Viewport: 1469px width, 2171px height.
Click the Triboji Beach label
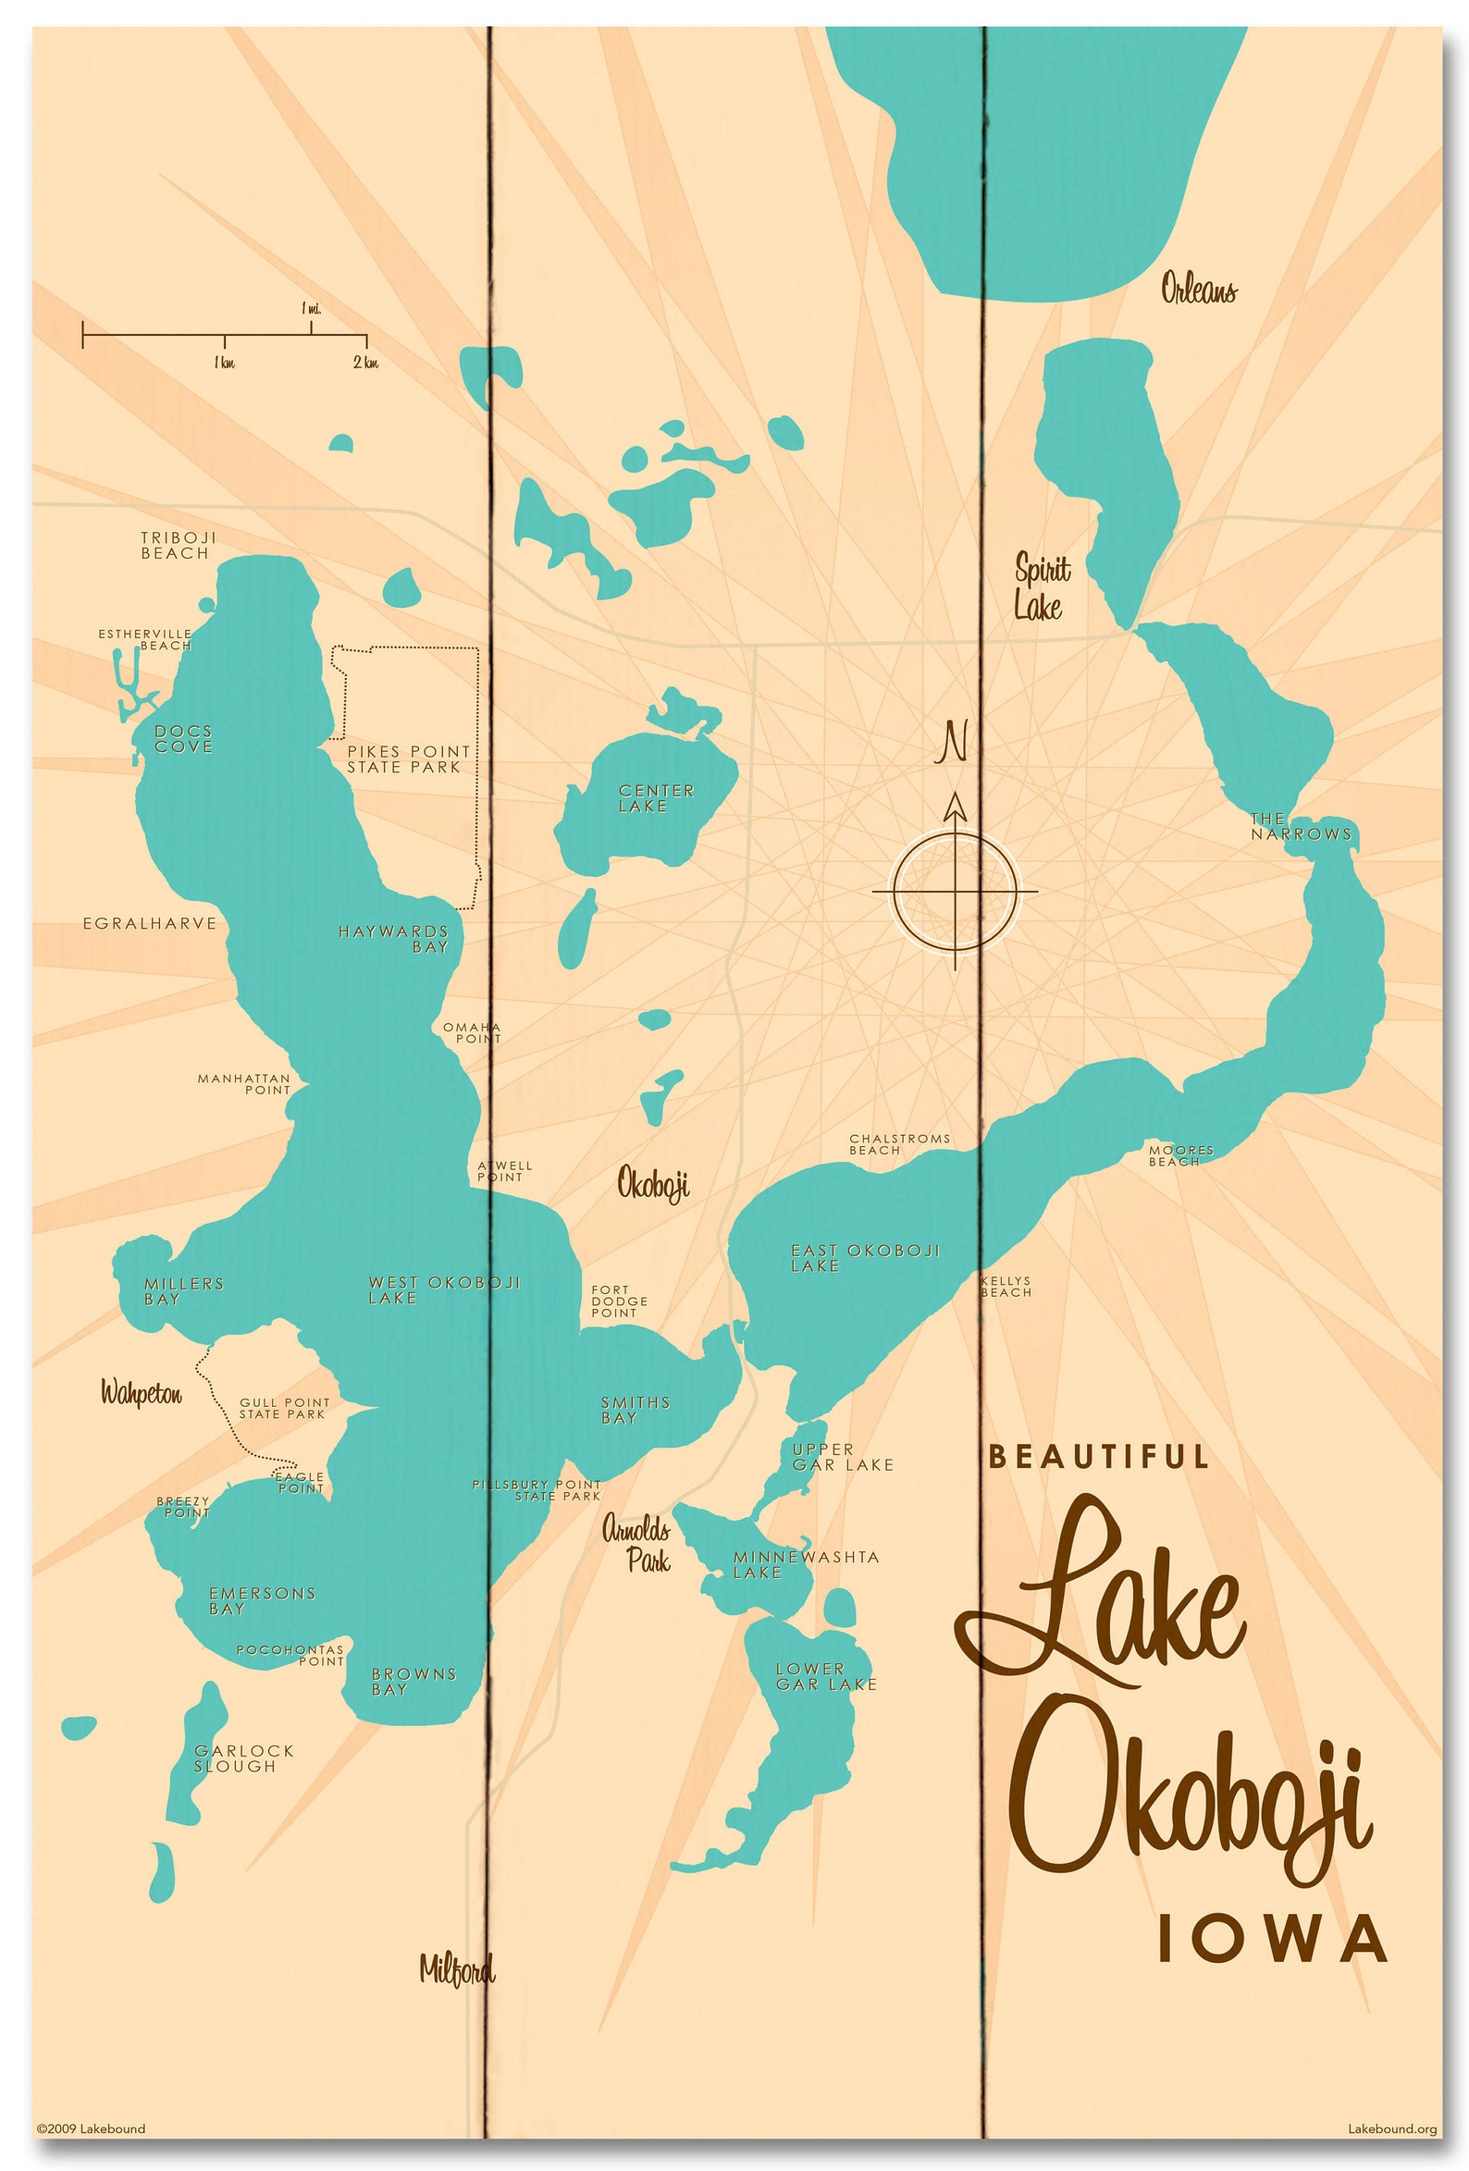(x=178, y=545)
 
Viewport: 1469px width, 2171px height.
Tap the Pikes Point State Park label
(x=408, y=759)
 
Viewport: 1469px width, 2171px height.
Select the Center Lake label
(x=656, y=797)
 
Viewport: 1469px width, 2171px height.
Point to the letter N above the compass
(x=953, y=743)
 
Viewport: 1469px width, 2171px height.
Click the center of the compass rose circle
(x=954, y=891)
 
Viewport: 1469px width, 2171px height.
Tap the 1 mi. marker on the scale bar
(x=311, y=309)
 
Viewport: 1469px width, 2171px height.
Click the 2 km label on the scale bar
(x=365, y=363)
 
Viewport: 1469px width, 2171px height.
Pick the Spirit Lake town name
(x=1041, y=587)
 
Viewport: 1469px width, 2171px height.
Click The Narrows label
(x=1300, y=827)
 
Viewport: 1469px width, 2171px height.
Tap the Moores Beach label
(x=1179, y=1155)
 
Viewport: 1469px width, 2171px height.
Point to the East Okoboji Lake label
(x=864, y=1257)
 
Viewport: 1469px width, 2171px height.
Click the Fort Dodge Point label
(x=619, y=1301)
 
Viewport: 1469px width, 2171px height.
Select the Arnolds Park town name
(x=637, y=1544)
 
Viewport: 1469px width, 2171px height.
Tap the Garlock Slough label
(x=243, y=1758)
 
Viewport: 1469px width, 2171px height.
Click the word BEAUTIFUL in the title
(x=1098, y=1456)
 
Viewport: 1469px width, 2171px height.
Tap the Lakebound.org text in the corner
(x=1390, y=2129)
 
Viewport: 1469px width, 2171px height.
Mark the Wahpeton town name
(x=142, y=1394)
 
